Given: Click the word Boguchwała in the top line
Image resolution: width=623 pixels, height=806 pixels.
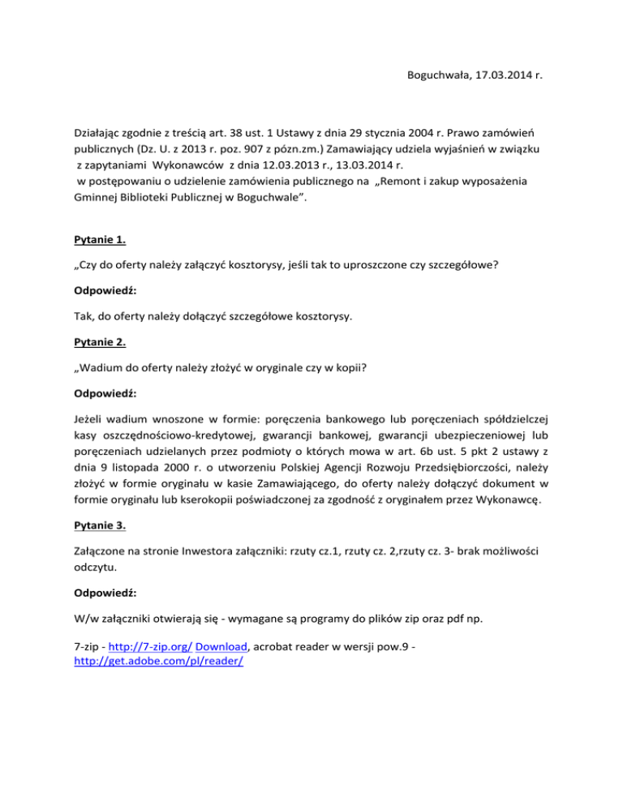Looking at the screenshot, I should (x=436, y=77).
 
